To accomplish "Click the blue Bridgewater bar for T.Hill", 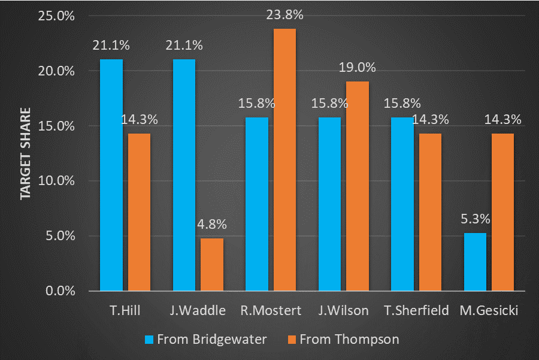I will coord(111,175).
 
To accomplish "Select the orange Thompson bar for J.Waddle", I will coord(212,264).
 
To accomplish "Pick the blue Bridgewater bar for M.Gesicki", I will coord(474,262).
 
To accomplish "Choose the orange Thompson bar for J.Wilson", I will coord(358,186).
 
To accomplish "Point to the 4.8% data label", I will coord(212,225).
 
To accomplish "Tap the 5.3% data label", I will coord(474,220).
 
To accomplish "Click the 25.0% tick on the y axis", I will coord(57,16).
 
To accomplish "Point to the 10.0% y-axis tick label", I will coord(57,181).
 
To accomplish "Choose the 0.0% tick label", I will coord(60,291).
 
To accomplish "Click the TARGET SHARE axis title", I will coord(26,154).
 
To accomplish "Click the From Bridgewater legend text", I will coord(211,340).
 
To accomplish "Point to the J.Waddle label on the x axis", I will coord(198,310).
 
